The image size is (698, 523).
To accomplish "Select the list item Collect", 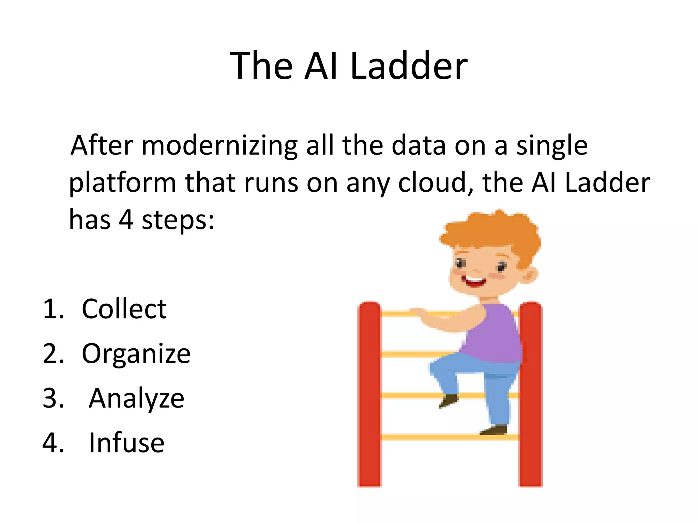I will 124,309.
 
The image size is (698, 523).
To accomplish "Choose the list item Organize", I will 136,354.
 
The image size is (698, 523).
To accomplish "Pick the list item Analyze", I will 136,398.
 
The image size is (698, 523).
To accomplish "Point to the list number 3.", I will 53,398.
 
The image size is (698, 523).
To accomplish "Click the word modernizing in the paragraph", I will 219,146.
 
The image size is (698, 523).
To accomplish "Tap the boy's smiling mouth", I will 474,282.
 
